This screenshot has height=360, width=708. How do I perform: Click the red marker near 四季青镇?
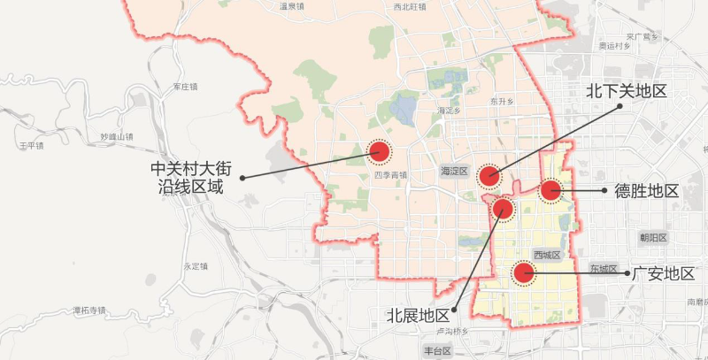pos(380,153)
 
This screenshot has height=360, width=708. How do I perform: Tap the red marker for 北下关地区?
pos(489,176)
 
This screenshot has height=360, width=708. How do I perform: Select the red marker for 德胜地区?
pos(550,190)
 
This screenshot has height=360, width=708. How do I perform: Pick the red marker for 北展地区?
pos(503,209)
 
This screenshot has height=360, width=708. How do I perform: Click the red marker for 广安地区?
pos(524,273)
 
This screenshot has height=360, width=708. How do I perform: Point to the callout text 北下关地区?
pos(626,90)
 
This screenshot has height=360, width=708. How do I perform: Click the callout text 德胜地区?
pos(646,191)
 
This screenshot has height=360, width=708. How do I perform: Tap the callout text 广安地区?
pos(663,273)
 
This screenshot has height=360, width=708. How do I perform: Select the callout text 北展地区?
pos(418,315)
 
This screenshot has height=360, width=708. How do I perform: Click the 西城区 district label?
pos(547,255)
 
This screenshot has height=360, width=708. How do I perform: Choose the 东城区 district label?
pos(602,268)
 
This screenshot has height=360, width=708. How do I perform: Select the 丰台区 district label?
pos(437,351)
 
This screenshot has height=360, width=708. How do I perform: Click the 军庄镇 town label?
pos(185,87)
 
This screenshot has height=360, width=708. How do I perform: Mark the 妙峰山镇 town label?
pos(116,137)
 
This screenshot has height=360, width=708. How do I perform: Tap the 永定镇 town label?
pos(195,266)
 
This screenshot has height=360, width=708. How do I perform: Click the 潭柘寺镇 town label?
pos(89,310)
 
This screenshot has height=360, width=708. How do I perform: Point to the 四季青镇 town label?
pos(389,175)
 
